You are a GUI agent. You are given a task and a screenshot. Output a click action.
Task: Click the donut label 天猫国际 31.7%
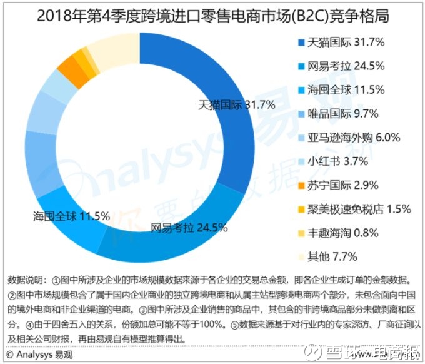point(236,104)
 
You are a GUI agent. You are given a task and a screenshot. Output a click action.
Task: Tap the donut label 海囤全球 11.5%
point(71,216)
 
